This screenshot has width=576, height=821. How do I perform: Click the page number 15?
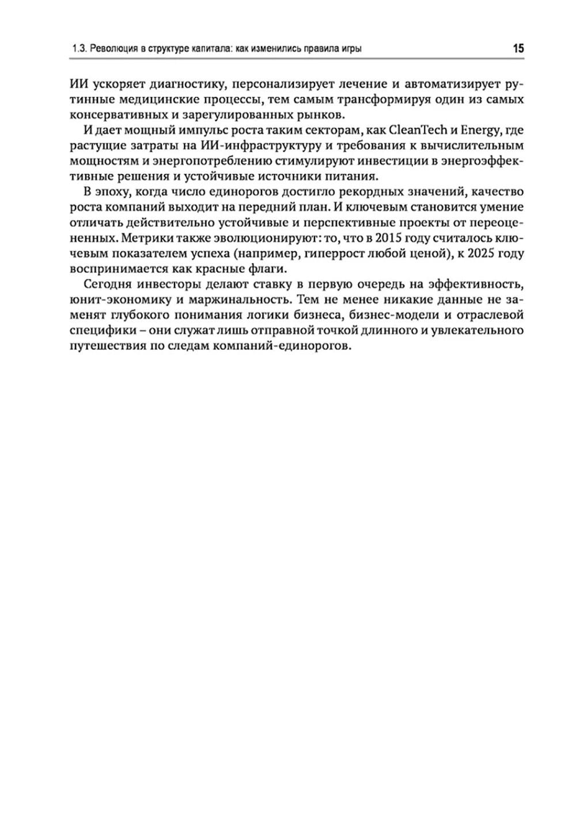(518, 49)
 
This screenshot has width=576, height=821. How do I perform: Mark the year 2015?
(390, 238)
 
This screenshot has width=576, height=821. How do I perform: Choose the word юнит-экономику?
(119, 300)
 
